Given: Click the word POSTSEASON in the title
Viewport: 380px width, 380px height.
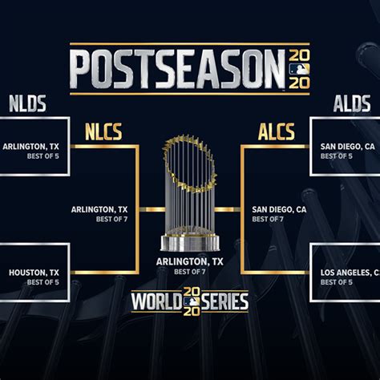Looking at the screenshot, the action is pos(179,69).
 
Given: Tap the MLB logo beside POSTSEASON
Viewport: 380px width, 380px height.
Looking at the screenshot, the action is pos(299,69).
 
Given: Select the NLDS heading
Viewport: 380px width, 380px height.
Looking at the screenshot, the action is pos(27,103).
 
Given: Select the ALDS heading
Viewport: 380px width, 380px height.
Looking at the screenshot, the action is pos(352,103).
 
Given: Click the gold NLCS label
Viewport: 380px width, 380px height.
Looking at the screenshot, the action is pos(103,131).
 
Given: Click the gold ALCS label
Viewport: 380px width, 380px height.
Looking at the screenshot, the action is pos(277,131).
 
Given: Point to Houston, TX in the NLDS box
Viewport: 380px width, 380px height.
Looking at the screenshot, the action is pos(34,273).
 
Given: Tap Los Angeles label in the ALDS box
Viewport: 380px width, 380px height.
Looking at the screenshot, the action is pos(350,273).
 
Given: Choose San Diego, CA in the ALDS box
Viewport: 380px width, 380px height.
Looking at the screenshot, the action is pos(348,147).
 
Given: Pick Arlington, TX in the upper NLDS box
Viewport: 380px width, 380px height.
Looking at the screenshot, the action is pos(30,147).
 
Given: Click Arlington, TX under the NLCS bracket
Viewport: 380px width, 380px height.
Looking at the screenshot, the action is pos(99,210).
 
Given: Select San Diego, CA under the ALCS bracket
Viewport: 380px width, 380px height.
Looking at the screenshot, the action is pos(279,210).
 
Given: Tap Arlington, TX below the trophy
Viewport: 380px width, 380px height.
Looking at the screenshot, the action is pos(190,262).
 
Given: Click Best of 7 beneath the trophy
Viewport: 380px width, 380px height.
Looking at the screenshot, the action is pos(190,272).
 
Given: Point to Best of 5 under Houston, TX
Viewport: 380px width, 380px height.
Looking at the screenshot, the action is pos(43,282).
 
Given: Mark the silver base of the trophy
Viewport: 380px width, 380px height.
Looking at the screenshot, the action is pos(190,243).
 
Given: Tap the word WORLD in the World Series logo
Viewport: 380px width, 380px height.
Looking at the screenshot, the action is pos(156,301).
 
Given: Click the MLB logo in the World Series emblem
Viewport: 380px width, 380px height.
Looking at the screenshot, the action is pos(192,301).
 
